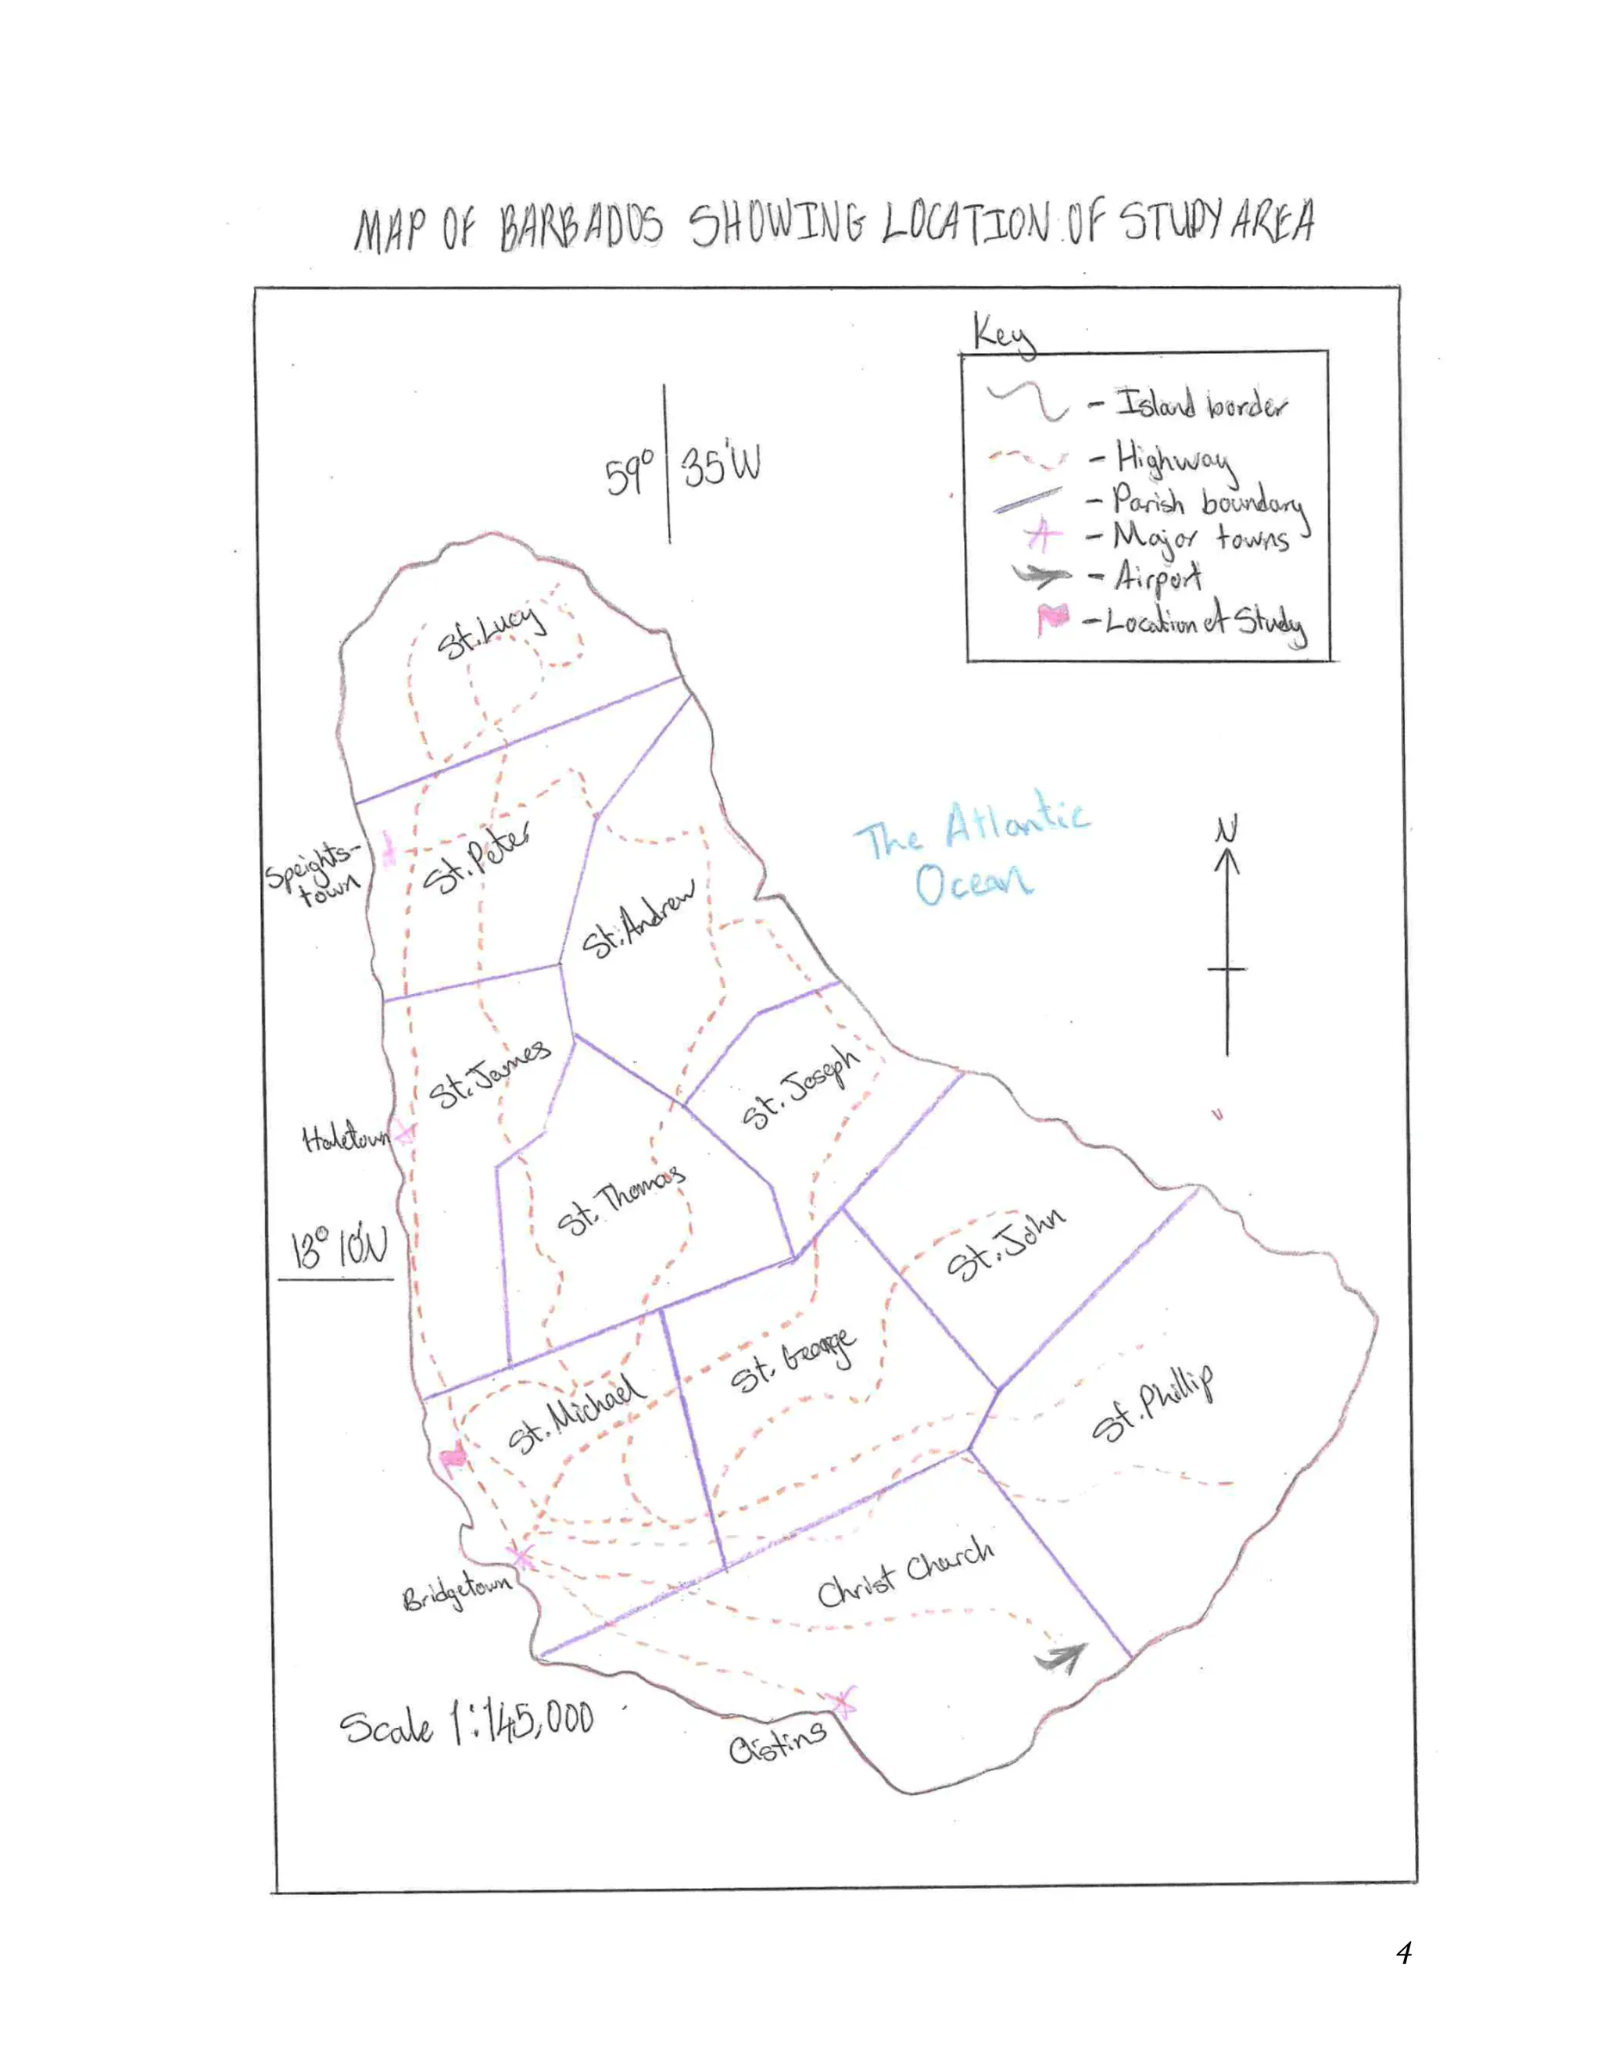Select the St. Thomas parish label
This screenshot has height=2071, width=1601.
coord(619,1199)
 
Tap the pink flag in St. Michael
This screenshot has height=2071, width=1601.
coord(454,1458)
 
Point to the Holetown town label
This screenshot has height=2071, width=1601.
coord(344,1137)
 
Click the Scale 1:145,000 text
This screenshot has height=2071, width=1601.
coord(467,1723)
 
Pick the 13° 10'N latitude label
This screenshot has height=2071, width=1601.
coord(338,1248)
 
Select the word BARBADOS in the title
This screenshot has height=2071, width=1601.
coord(582,227)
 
